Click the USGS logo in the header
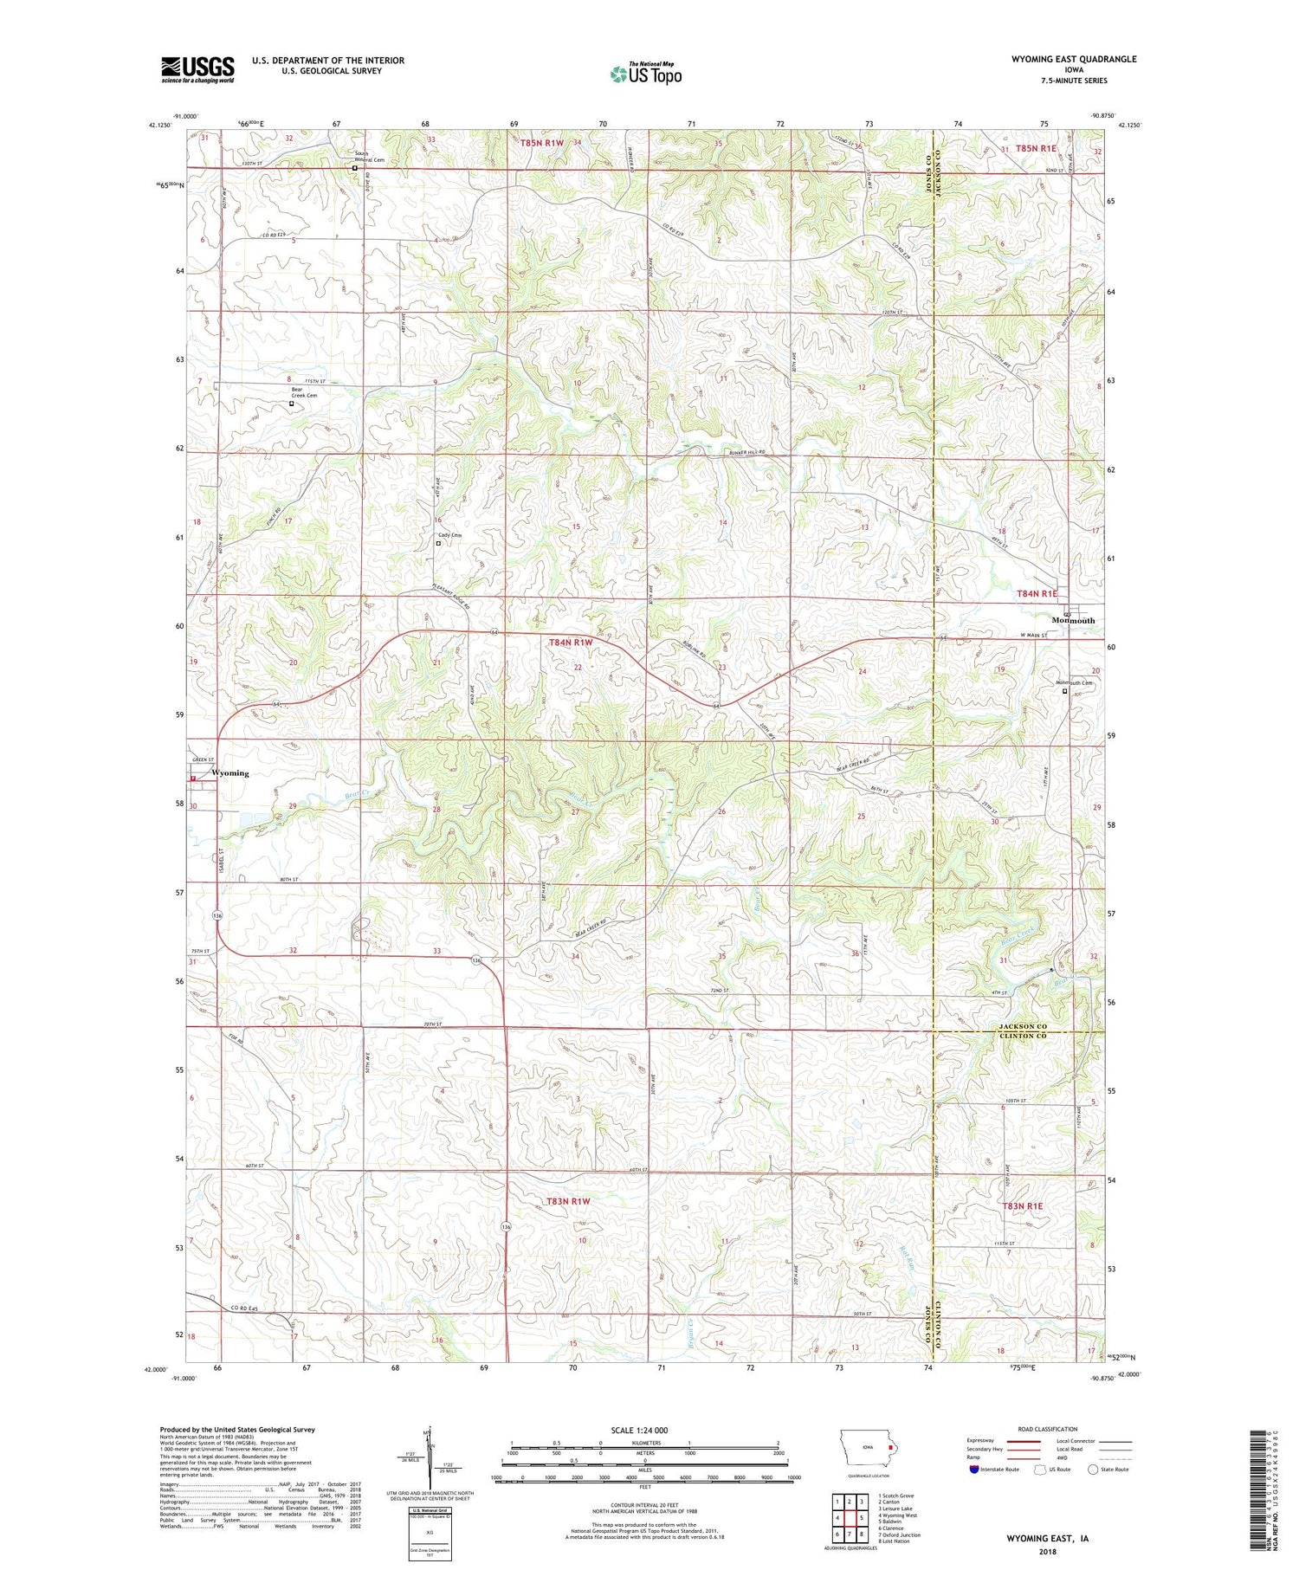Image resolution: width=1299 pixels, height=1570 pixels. (x=197, y=69)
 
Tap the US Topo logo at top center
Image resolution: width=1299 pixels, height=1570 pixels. (x=645, y=74)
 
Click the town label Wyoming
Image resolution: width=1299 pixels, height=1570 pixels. (x=229, y=773)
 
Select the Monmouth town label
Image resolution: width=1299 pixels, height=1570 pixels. (x=1073, y=620)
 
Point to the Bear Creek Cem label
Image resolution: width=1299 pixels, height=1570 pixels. (x=303, y=392)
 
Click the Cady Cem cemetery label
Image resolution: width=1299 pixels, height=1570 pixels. (x=450, y=535)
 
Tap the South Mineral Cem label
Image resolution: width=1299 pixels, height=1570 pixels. (x=370, y=157)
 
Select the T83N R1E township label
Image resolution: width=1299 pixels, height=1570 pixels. (x=1023, y=1205)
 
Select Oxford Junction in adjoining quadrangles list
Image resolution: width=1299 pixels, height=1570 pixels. (x=900, y=1534)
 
